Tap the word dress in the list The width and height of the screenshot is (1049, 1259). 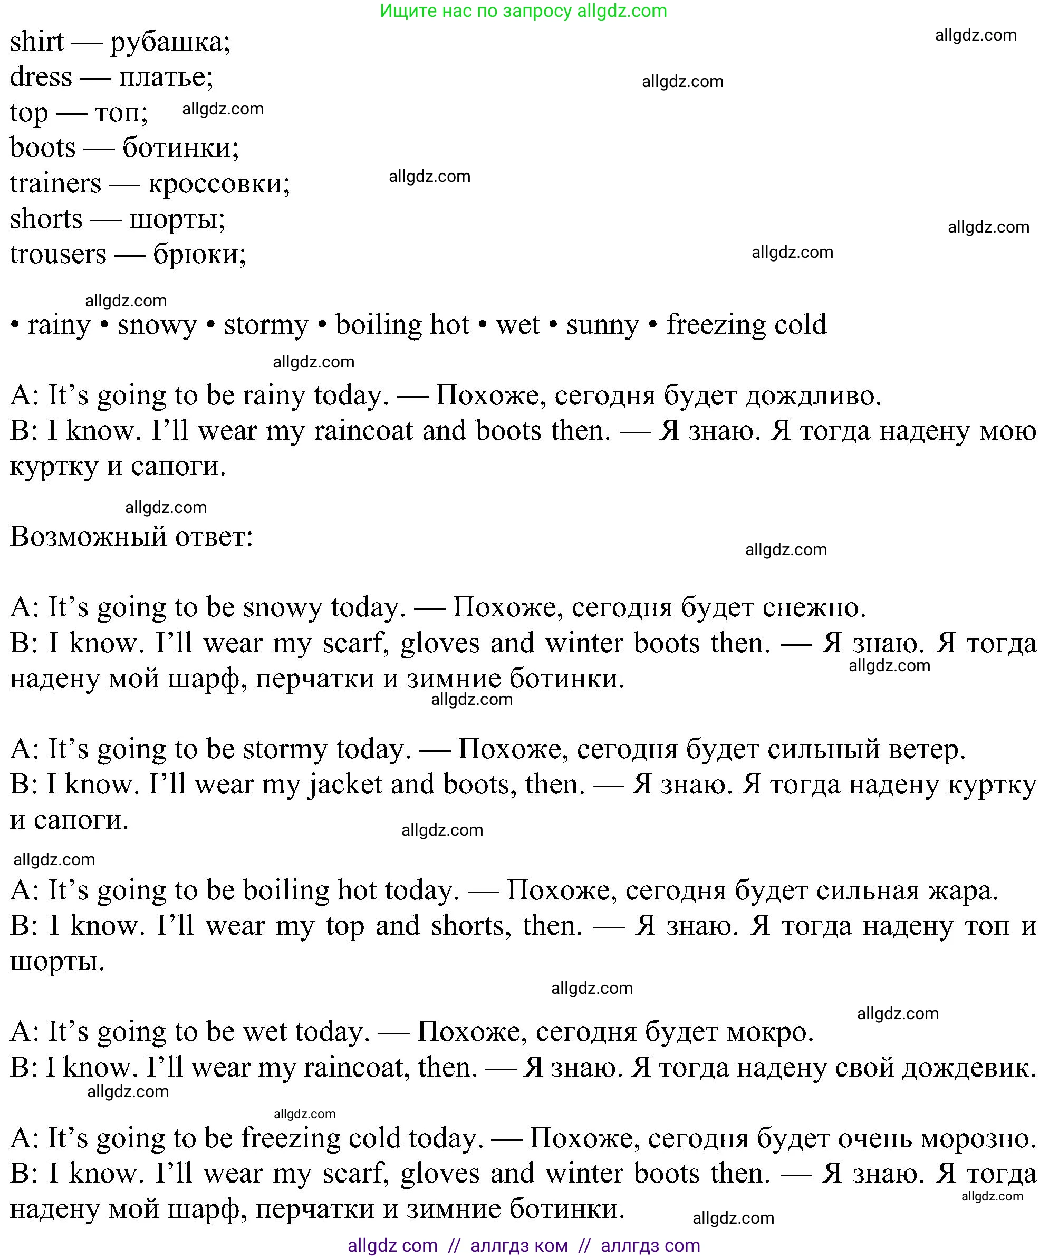[41, 78]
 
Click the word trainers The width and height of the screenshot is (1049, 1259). [55, 183]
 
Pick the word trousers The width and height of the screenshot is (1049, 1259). [57, 255]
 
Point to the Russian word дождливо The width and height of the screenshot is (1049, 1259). [813, 396]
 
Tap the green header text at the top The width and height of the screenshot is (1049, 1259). [523, 11]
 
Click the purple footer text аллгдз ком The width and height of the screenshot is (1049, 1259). [519, 1246]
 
